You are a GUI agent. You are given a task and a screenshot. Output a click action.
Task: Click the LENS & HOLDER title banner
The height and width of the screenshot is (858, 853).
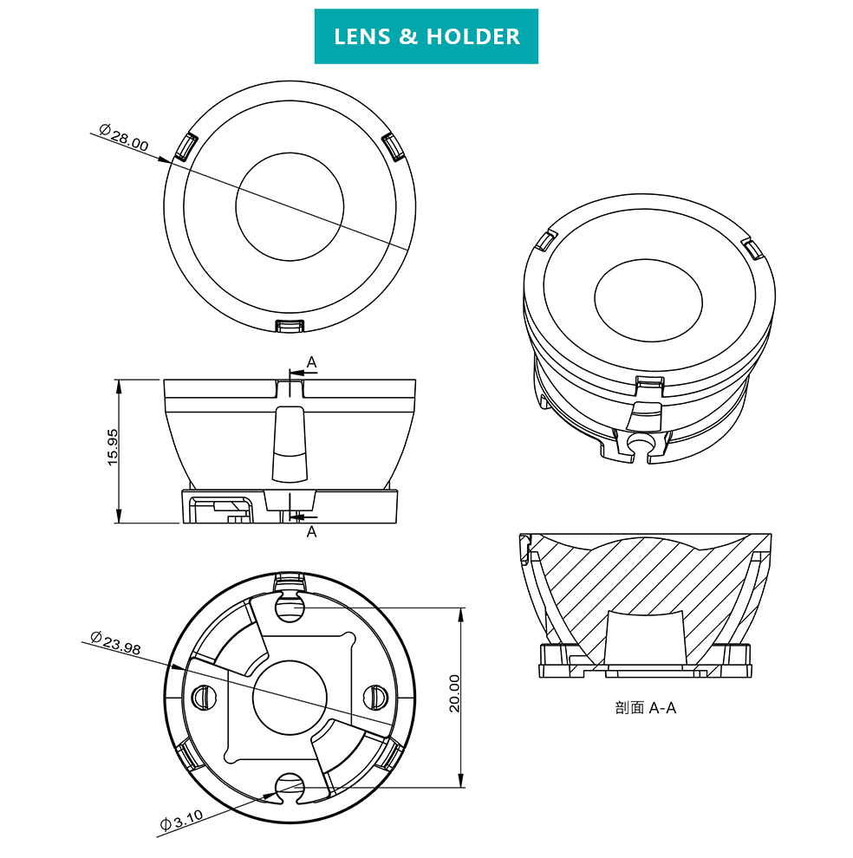click(426, 36)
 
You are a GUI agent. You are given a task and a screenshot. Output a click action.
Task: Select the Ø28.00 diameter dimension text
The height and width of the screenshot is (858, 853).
click(123, 138)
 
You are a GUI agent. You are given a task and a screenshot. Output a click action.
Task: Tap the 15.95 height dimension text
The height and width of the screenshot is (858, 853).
click(113, 447)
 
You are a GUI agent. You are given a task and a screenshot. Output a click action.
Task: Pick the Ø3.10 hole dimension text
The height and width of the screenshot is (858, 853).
click(180, 818)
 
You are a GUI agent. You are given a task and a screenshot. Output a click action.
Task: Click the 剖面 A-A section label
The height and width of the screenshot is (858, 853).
click(645, 708)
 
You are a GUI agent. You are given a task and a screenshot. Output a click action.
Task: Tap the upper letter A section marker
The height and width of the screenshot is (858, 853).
click(311, 361)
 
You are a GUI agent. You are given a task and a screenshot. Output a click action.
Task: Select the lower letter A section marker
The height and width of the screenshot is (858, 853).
click(311, 531)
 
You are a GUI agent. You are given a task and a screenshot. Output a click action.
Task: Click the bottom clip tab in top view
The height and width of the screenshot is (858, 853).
click(290, 325)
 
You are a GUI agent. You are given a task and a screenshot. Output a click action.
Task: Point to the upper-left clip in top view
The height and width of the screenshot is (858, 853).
click(185, 147)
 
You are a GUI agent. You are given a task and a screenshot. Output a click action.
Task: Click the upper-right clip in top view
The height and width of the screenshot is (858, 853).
click(392, 146)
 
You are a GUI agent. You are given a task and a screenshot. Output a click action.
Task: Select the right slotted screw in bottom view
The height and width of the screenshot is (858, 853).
click(376, 694)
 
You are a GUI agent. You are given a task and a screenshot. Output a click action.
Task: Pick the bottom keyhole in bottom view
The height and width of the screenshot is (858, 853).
click(289, 785)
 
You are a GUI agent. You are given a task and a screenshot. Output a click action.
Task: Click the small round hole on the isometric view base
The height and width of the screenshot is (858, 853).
click(641, 442)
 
